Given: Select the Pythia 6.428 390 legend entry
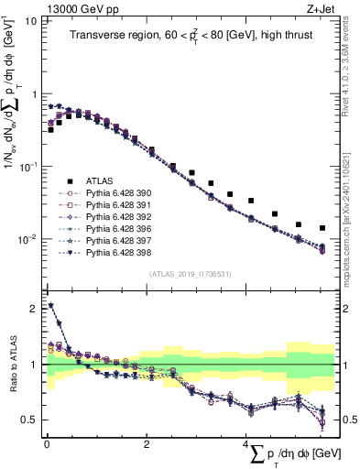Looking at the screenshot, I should (x=111, y=193).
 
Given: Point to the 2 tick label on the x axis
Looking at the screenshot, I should (x=147, y=444).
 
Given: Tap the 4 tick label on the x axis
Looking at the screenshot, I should (x=245, y=444).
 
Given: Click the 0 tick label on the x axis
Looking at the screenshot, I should (x=47, y=444).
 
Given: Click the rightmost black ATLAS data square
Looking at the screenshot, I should (x=322, y=228).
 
